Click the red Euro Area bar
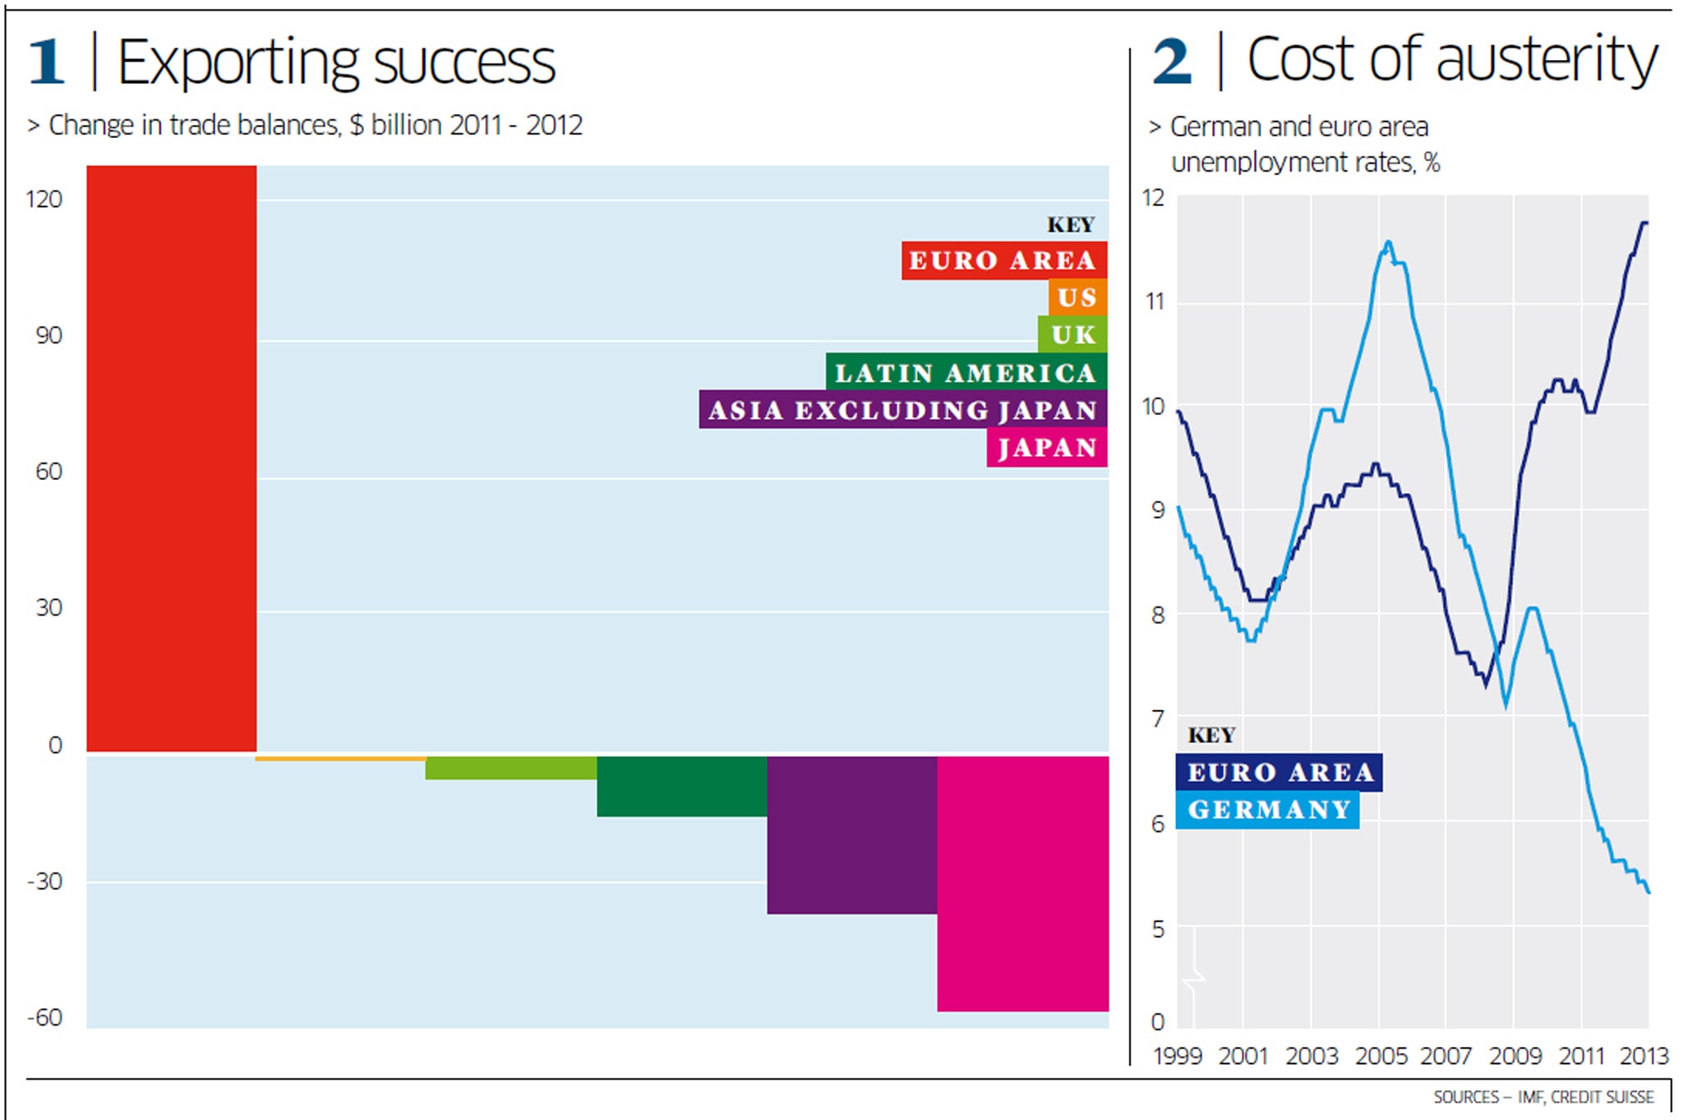(x=172, y=459)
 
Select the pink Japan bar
(x=1022, y=883)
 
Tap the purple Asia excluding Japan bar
(x=852, y=834)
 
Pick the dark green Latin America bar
(x=682, y=786)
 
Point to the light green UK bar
(x=511, y=768)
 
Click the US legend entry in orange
(x=1077, y=297)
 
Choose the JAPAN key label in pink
(x=1047, y=448)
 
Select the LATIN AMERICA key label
(x=966, y=372)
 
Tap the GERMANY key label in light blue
(x=1268, y=810)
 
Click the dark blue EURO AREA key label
(x=1280, y=772)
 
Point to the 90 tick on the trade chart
(x=48, y=335)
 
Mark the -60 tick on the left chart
(x=45, y=1017)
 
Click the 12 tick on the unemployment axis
(x=1154, y=198)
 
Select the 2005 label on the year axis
(x=1381, y=1056)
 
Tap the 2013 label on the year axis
(x=1644, y=1056)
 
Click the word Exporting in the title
(x=238, y=63)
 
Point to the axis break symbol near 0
(x=1193, y=978)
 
